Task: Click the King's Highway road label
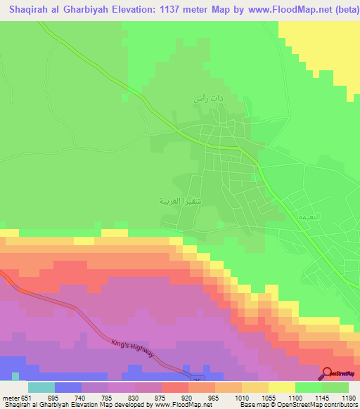132,347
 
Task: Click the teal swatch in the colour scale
41,387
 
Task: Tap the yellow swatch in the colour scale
282,387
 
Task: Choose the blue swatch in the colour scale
67,387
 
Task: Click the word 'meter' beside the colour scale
10,396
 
